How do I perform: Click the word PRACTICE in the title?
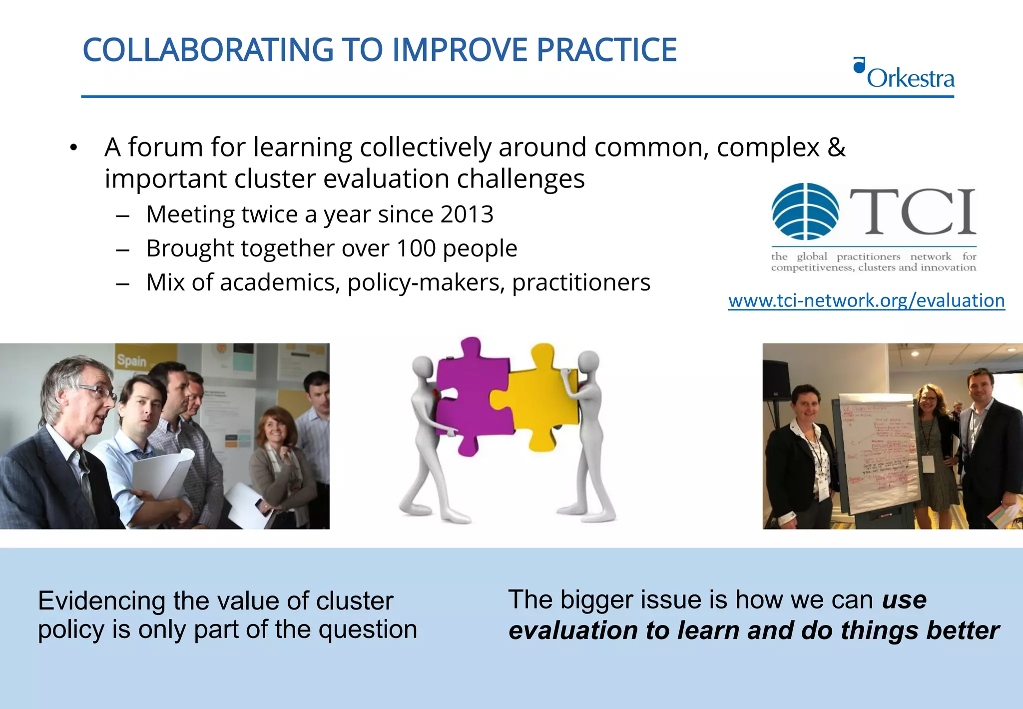click(x=606, y=50)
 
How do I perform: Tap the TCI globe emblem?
click(x=805, y=211)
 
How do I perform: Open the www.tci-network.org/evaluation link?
click(x=866, y=300)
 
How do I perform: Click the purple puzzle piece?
click(x=472, y=400)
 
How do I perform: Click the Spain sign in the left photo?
click(x=131, y=360)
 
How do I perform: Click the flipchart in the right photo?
click(x=879, y=450)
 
